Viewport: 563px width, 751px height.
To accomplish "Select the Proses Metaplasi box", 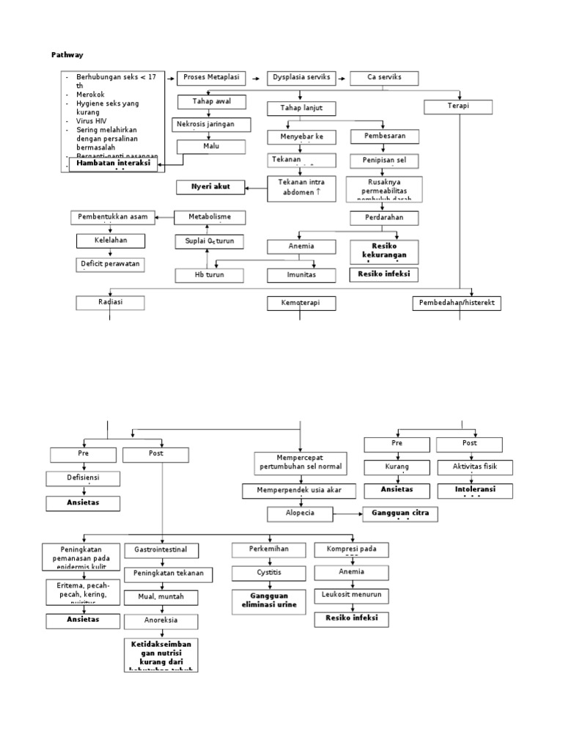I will click(211, 78).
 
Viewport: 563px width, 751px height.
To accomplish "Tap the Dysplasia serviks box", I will click(301, 78).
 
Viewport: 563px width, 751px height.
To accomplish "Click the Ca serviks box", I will click(384, 78).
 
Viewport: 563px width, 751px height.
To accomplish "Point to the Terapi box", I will click(459, 107).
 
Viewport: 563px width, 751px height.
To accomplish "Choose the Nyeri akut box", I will click(211, 187).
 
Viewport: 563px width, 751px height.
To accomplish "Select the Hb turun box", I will click(209, 276).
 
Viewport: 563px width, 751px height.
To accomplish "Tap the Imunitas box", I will click(302, 276).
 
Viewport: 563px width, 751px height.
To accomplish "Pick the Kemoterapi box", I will click(302, 303).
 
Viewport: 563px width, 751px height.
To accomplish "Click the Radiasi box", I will click(111, 303).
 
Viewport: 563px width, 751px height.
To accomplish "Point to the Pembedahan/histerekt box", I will click(457, 303).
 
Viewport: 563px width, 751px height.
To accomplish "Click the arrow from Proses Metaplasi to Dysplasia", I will click(257, 78).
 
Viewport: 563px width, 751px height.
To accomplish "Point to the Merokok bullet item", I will click(90, 95).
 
